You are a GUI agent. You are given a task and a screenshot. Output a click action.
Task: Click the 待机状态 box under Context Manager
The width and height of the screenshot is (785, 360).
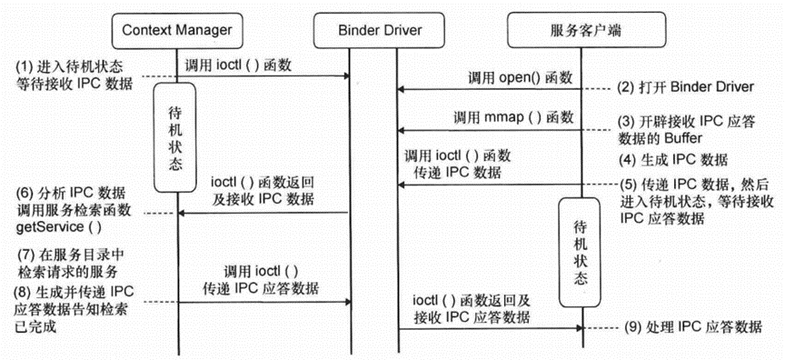click(176, 136)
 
